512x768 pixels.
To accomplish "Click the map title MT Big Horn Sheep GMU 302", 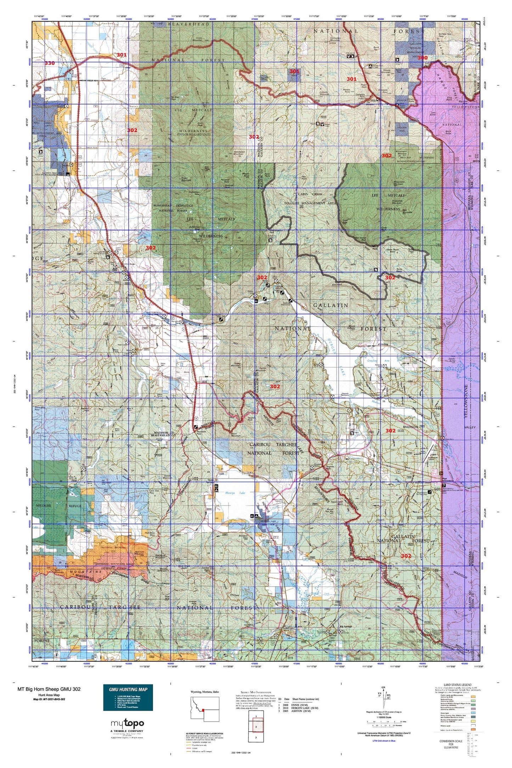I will pyautogui.click(x=49, y=689).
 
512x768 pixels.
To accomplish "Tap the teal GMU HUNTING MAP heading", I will pyautogui.click(x=128, y=689).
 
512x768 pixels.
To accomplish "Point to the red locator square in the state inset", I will pyautogui.click(x=203, y=710).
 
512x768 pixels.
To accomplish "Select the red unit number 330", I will pyautogui.click(x=50, y=63).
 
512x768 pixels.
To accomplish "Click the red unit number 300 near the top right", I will pyautogui.click(x=422, y=58).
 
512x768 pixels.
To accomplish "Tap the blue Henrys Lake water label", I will pyautogui.click(x=235, y=493).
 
